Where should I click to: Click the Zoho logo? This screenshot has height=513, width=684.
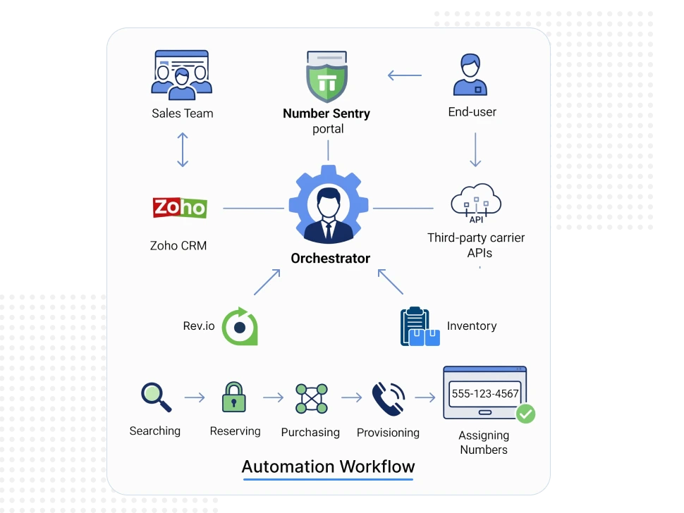point(180,208)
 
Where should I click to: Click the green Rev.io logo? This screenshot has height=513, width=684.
point(239,326)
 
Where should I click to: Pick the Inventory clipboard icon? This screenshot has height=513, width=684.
point(420,326)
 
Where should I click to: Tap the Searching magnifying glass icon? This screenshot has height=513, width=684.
point(156,397)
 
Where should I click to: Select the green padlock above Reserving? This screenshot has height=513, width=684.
point(234,397)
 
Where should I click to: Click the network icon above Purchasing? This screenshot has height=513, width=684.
point(311,399)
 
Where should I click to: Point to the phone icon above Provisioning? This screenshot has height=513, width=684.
point(389,398)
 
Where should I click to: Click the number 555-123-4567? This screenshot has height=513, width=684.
point(484,394)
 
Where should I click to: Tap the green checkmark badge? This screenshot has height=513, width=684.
point(525,414)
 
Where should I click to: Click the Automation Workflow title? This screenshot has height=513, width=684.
point(328,466)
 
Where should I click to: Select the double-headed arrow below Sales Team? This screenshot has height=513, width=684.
point(183,150)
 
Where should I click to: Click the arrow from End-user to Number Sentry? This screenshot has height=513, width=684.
point(405,75)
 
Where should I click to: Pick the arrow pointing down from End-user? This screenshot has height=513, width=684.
point(475,149)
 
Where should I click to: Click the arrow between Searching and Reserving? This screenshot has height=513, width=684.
point(195,398)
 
